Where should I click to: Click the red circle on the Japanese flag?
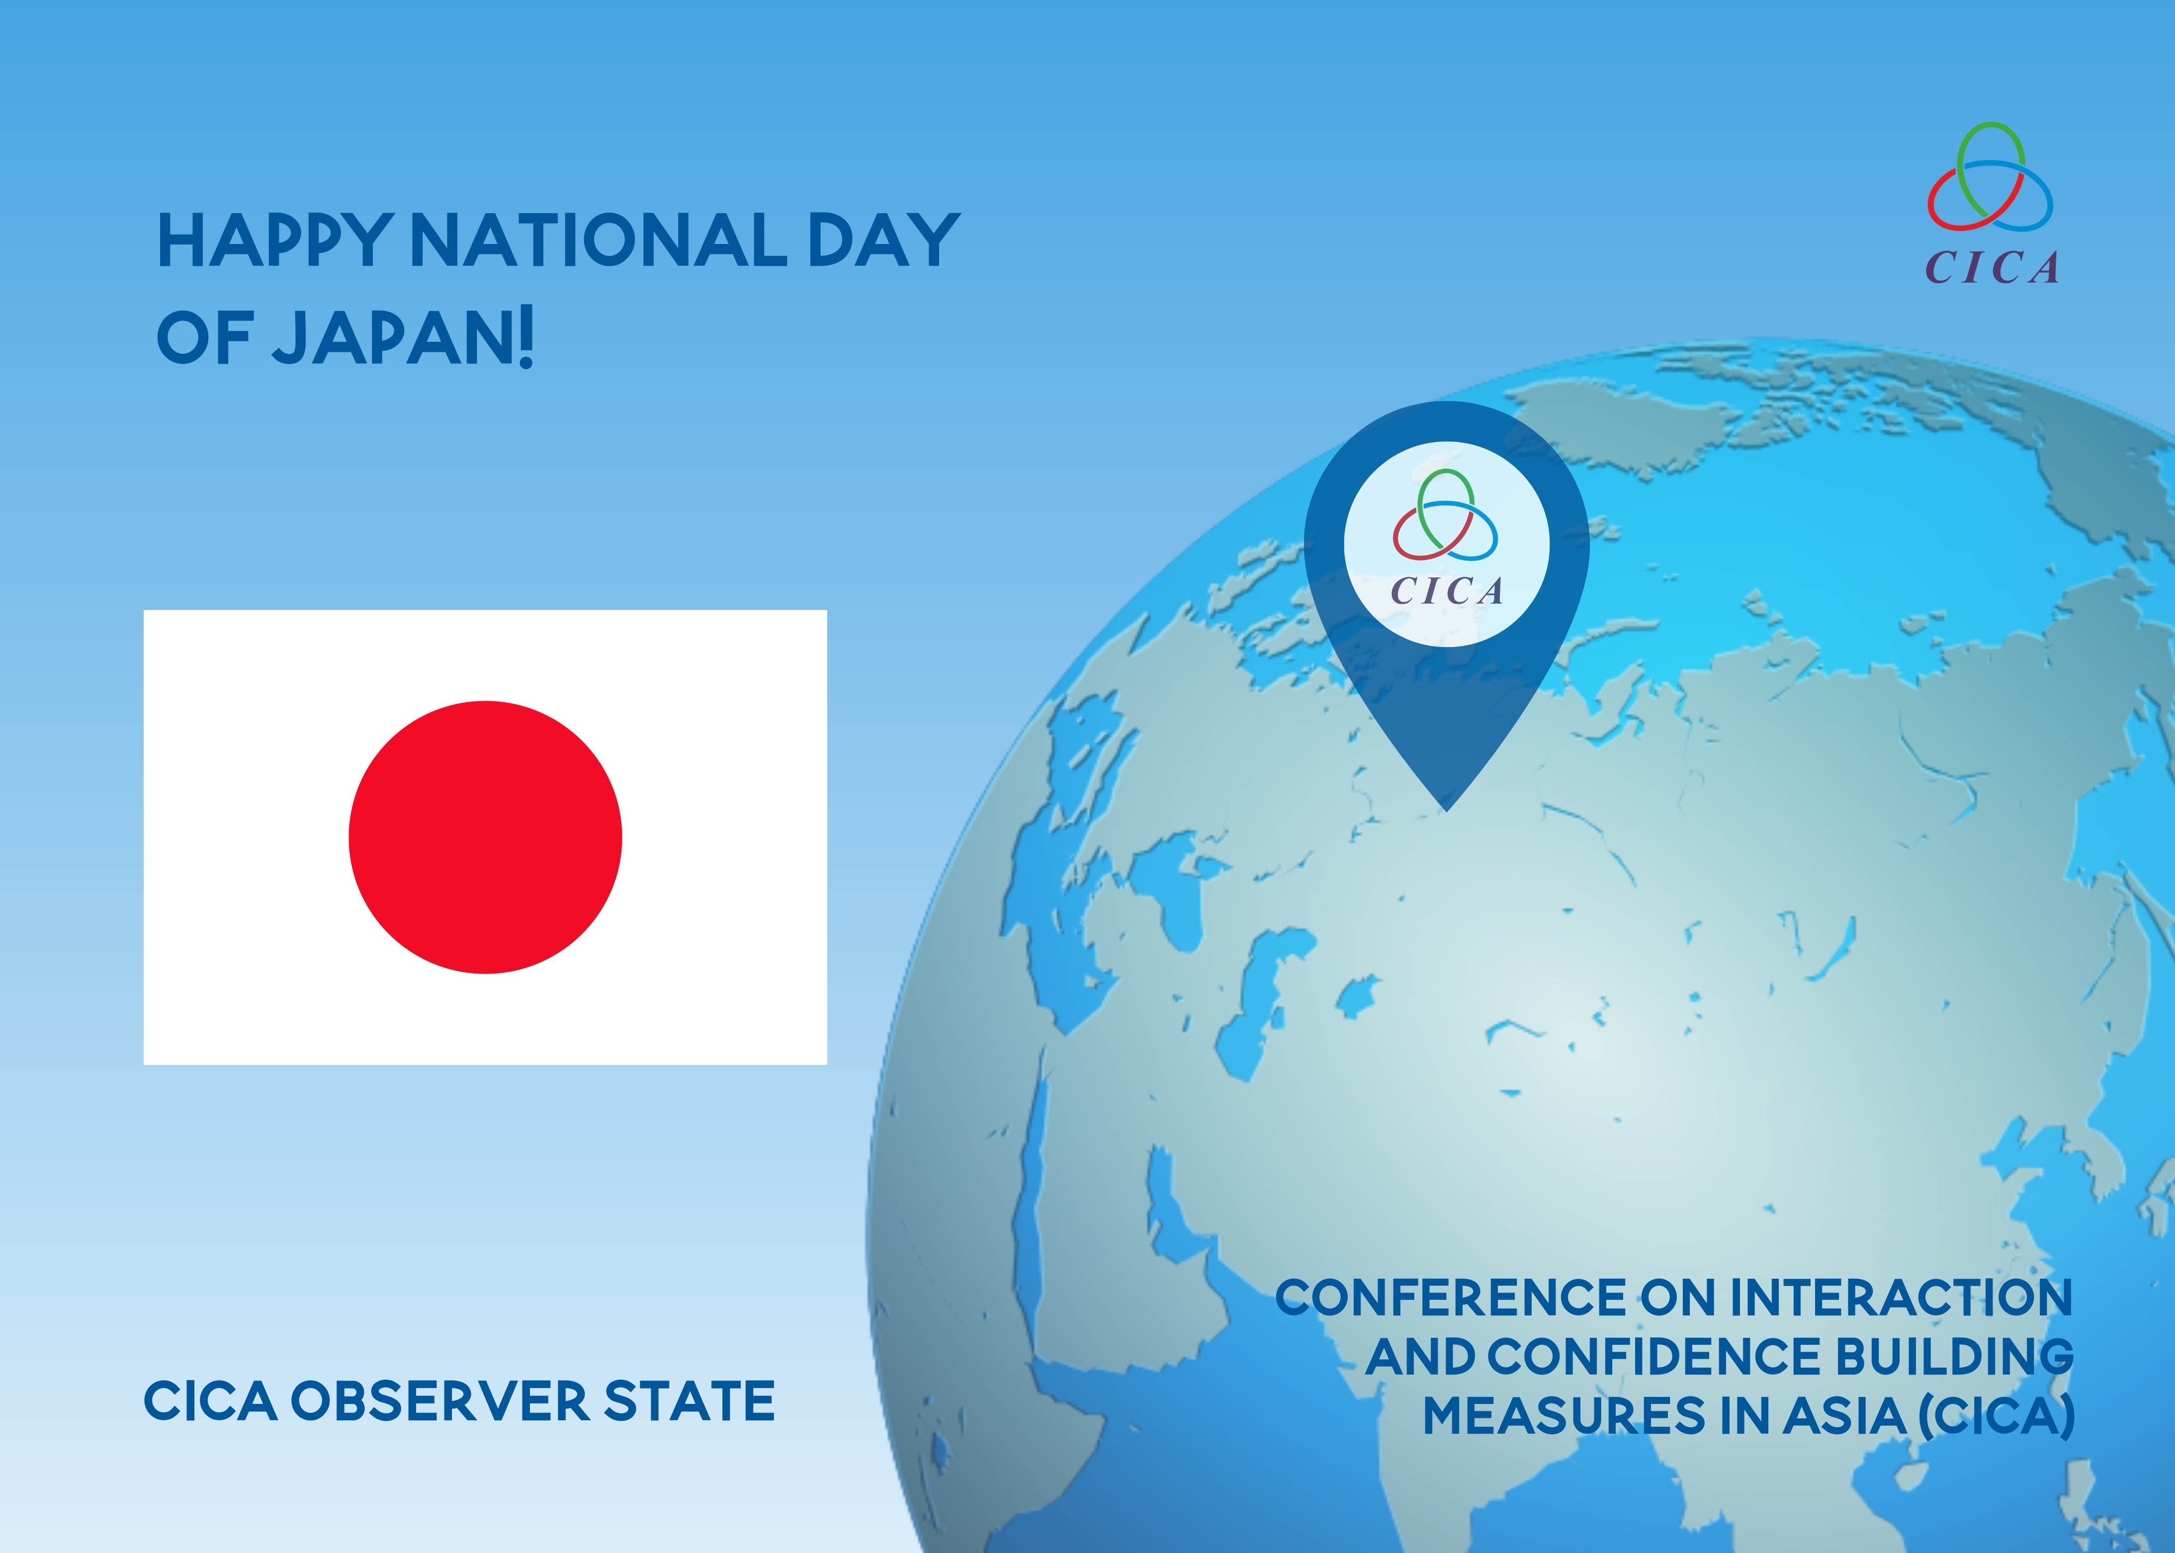485,838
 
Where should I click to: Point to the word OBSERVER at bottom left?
440,1402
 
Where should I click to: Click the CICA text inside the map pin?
1446,591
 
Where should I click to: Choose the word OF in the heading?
205,338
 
